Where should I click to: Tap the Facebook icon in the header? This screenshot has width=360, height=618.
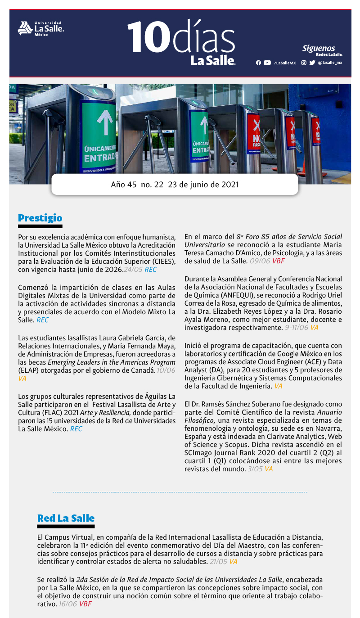[258, 63]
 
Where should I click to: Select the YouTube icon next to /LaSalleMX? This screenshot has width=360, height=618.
[267, 63]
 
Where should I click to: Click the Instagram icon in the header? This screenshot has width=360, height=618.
[304, 63]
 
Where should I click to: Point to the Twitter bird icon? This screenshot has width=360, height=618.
[312, 63]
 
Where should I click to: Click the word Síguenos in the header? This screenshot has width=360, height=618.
[319, 48]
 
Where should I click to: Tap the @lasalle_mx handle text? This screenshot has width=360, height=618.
[330, 63]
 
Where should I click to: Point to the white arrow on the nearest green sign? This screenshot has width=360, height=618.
[104, 121]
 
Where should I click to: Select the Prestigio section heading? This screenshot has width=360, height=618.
[40, 218]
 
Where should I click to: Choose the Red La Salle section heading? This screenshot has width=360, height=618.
[66, 518]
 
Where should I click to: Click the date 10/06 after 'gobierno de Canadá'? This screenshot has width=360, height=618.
[166, 370]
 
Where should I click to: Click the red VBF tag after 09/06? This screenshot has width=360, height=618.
[278, 261]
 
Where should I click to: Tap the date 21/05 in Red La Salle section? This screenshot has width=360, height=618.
[218, 562]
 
